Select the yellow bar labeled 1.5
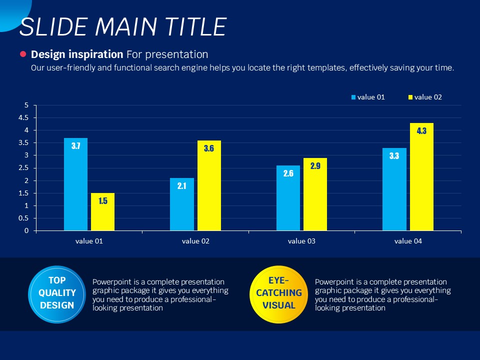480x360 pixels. pos(102,212)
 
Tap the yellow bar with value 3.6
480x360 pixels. pos(208,185)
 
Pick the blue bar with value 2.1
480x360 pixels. pos(181,204)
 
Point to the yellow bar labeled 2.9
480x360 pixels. pos(315,194)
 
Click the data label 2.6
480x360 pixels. pos(288,174)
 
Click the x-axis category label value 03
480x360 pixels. pos(301,241)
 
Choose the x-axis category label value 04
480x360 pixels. pos(408,241)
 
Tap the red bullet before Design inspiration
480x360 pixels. pos(22,54)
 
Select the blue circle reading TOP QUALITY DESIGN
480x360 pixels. pos(57,293)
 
